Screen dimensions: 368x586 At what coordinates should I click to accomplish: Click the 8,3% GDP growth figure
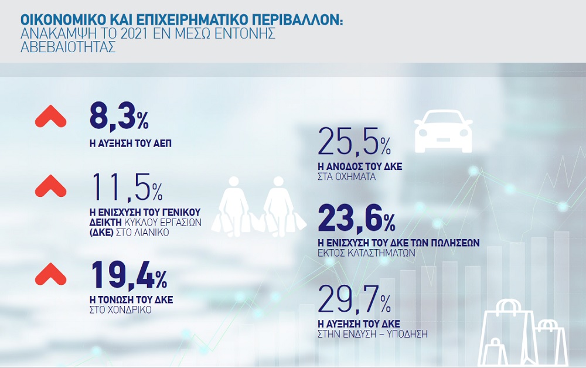118,116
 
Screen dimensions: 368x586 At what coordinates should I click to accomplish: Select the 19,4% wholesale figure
129,275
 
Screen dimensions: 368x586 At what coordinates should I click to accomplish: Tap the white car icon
443,127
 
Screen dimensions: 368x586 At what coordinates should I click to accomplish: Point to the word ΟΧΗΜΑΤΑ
358,176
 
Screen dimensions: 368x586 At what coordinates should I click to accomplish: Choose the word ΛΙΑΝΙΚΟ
154,231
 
